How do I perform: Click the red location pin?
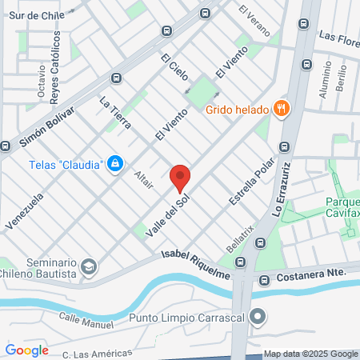[x=180, y=178]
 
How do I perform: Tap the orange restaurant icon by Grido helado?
[x=281, y=109]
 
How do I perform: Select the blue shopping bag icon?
[x=116, y=163]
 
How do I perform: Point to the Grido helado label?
[x=238, y=110]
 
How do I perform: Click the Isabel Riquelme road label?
[x=196, y=264]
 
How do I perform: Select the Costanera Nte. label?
[x=311, y=274]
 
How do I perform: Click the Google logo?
[x=26, y=350]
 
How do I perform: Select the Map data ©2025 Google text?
[x=311, y=354]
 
